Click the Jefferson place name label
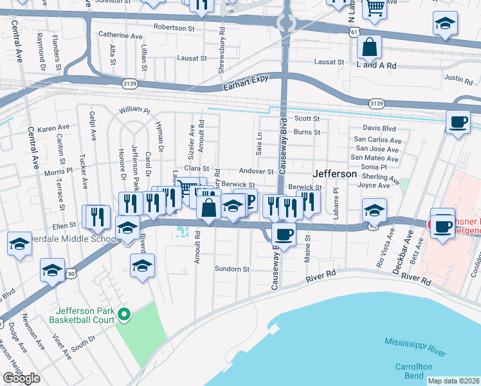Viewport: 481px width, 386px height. [x=334, y=174]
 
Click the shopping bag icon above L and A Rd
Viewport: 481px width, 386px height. [x=370, y=48]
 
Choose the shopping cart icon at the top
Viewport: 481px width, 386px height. [x=375, y=9]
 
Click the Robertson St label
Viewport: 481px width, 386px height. [x=174, y=28]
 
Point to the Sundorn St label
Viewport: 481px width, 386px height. [x=231, y=269]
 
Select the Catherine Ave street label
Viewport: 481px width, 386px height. [x=120, y=36]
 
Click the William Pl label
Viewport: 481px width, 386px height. [x=134, y=110]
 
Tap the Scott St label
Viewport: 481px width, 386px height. [x=307, y=119]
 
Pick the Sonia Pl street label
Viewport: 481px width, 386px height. [x=374, y=167]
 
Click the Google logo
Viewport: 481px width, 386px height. [x=21, y=378]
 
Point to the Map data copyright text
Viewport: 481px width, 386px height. [x=454, y=381]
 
